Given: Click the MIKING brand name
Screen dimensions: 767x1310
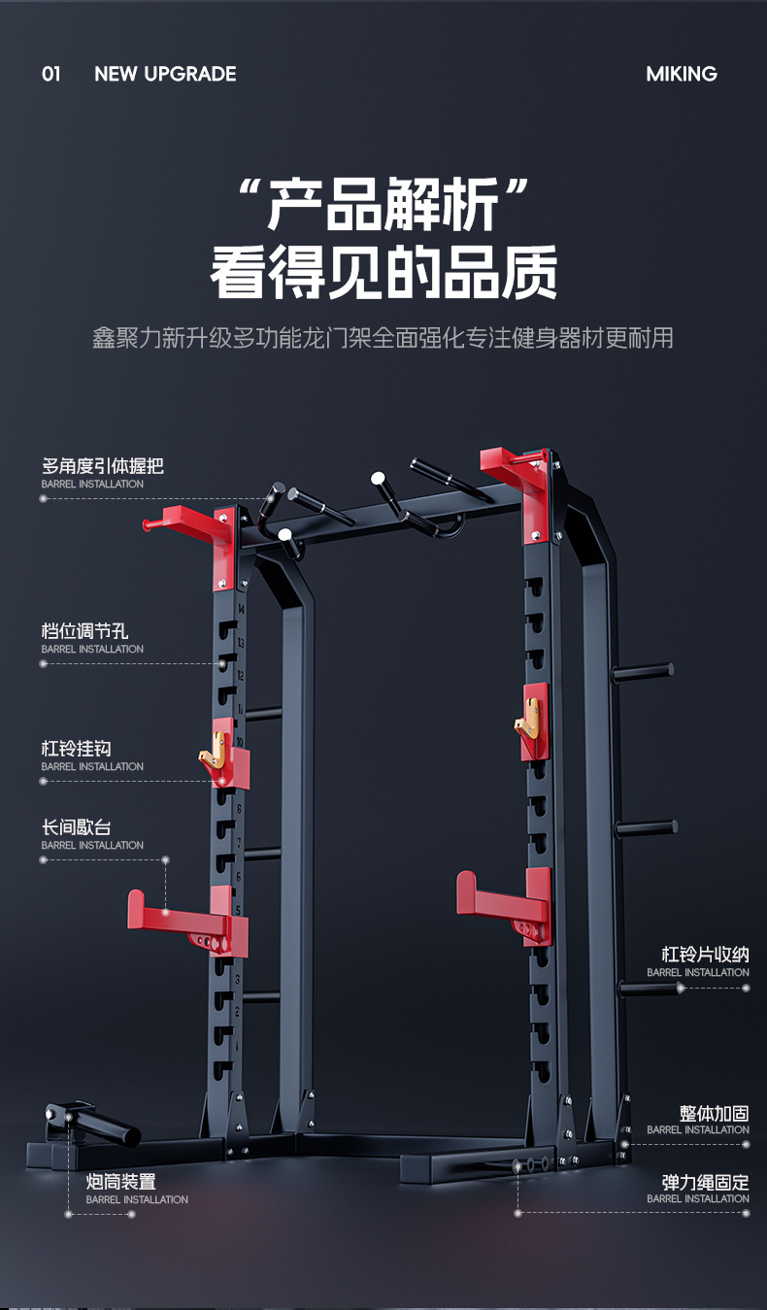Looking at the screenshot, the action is (681, 74).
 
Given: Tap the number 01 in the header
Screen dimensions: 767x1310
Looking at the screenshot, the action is (51, 74).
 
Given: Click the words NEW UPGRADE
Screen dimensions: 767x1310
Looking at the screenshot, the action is (165, 74).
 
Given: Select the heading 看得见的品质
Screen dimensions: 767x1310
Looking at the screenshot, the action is (383, 273).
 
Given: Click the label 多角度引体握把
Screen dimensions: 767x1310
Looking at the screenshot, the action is (102, 466).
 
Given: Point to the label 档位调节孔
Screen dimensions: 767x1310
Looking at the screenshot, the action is (84, 631).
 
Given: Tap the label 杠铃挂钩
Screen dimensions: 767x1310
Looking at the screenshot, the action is (76, 749).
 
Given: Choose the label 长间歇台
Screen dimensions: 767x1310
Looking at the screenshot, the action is (76, 827).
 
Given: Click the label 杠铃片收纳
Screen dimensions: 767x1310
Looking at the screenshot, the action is (705, 955).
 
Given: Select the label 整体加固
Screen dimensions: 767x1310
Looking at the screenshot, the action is (714, 1113).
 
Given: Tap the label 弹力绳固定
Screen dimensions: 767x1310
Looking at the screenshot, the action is (705, 1182).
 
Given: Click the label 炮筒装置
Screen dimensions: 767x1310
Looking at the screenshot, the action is (120, 1182).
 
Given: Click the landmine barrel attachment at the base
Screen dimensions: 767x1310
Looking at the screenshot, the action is (97, 1124).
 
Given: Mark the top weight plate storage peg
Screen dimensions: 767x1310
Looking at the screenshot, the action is (643, 670).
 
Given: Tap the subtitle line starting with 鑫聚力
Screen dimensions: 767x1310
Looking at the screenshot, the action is (383, 338).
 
